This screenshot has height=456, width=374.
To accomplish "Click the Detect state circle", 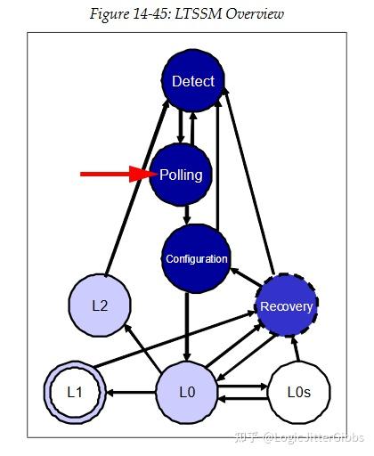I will (x=192, y=81).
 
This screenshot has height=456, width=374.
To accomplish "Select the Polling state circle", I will (x=181, y=175).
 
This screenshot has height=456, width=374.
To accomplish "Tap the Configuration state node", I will (x=196, y=259).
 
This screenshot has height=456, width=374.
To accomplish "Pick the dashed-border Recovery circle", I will (x=286, y=306).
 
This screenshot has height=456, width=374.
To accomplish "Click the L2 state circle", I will (x=100, y=305).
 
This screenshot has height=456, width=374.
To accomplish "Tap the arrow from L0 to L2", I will (x=144, y=349).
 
